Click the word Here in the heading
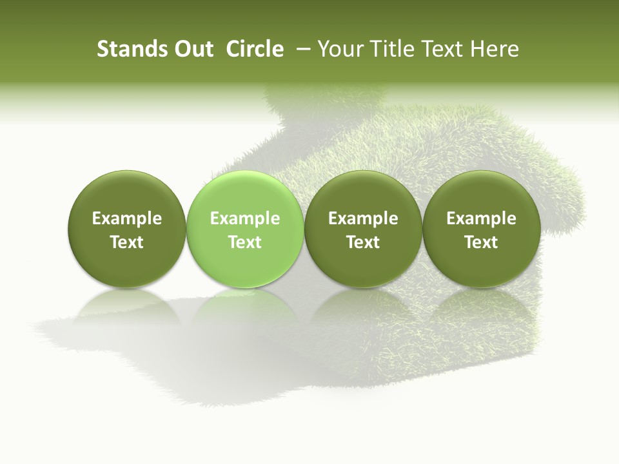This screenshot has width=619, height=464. tap(495, 49)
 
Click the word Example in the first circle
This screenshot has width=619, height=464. tap(126, 218)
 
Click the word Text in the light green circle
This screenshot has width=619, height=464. tap(245, 242)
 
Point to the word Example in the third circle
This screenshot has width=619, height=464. tap(363, 218)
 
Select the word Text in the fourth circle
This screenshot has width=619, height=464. tap(481, 242)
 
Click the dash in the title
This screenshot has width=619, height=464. tap(301, 49)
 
